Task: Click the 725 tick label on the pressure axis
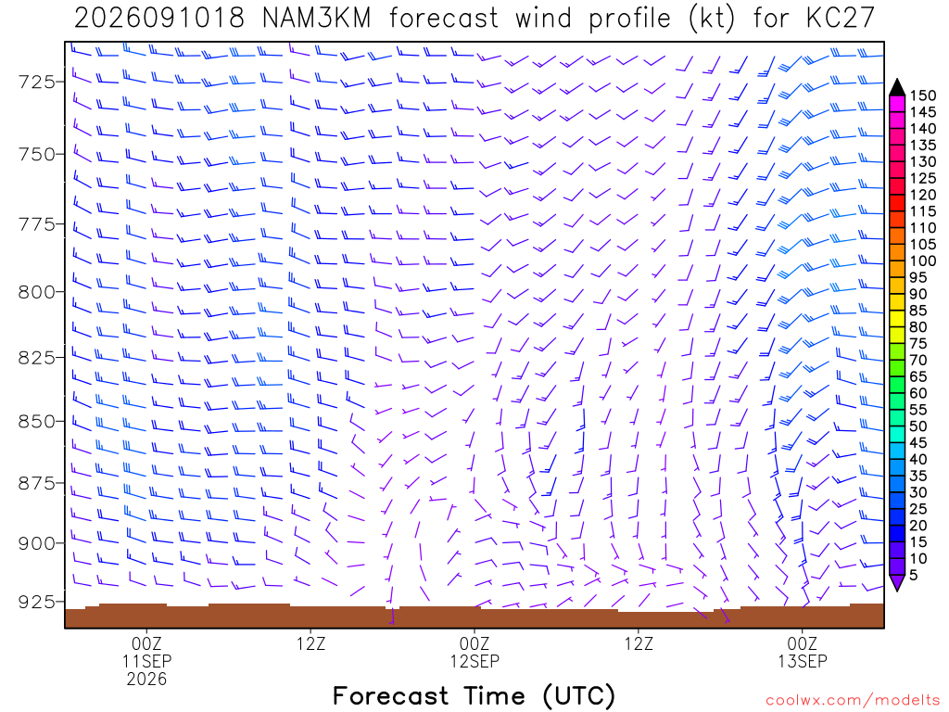pyautogui.click(x=36, y=82)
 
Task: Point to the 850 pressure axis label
pyautogui.click(x=36, y=422)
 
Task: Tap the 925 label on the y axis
pyautogui.click(x=36, y=602)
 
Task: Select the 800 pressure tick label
pyautogui.click(x=36, y=292)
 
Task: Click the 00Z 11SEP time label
pyautogui.click(x=146, y=652)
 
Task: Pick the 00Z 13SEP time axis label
pyautogui.click(x=802, y=652)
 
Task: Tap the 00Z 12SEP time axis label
pyautogui.click(x=474, y=652)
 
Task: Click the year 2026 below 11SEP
pyautogui.click(x=146, y=680)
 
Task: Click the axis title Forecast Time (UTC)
pyautogui.click(x=474, y=696)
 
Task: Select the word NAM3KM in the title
pyautogui.click(x=317, y=19)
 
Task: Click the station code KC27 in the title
pyautogui.click(x=841, y=19)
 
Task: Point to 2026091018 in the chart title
pyautogui.click(x=159, y=19)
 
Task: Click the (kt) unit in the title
pyautogui.click(x=712, y=19)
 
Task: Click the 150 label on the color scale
pyautogui.click(x=923, y=95)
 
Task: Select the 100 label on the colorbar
pyautogui.click(x=923, y=261)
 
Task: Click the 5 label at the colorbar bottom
pyautogui.click(x=913, y=575)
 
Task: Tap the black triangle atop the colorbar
pyautogui.click(x=897, y=88)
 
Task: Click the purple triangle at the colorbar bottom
pyautogui.click(x=897, y=582)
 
